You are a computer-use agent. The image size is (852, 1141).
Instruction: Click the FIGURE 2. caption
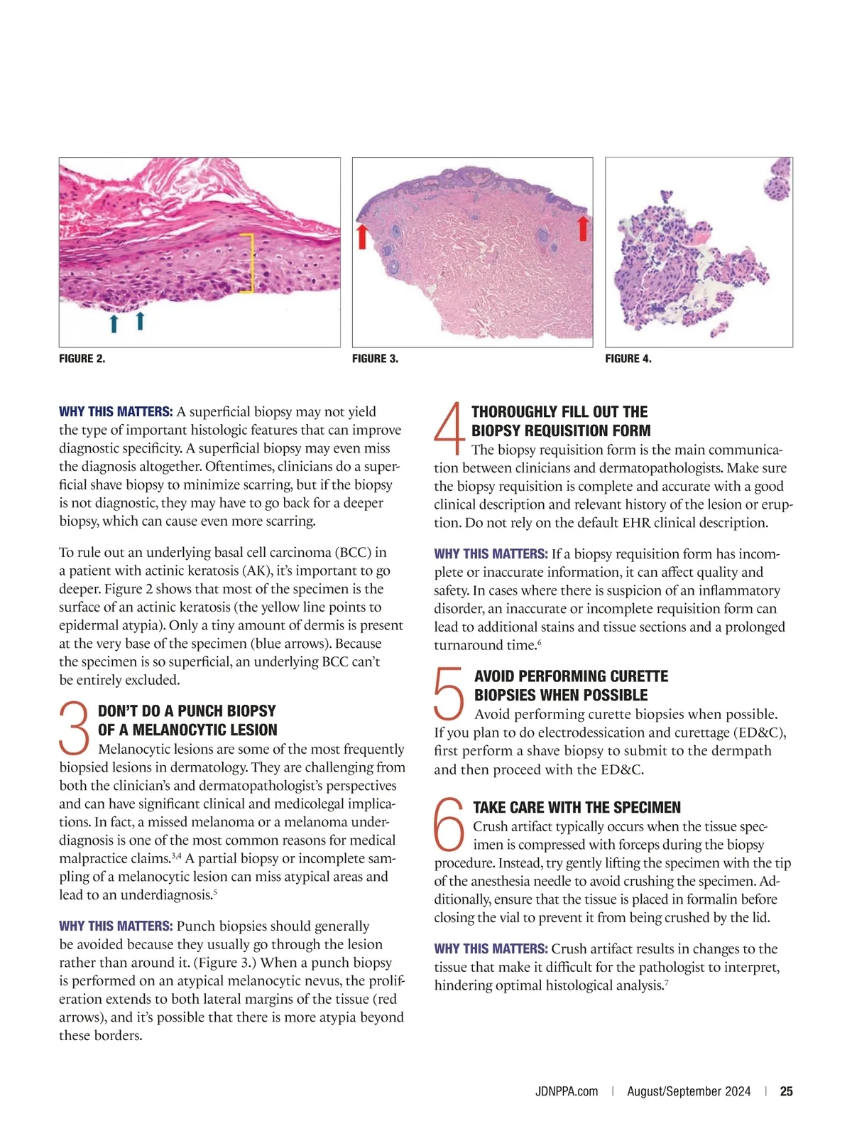click(x=82, y=359)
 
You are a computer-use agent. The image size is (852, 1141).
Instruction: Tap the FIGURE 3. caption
click(x=375, y=359)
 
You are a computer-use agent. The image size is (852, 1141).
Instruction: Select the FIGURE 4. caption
click(x=628, y=359)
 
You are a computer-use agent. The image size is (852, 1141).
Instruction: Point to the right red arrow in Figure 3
click(x=583, y=228)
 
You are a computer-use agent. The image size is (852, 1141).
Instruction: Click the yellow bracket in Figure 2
click(x=248, y=263)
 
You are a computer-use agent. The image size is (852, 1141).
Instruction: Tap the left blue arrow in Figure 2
click(x=114, y=323)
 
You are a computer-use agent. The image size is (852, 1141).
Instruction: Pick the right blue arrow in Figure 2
click(x=140, y=320)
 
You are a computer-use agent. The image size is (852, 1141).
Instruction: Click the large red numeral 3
click(x=74, y=728)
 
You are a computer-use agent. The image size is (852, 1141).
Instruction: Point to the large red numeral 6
click(x=449, y=825)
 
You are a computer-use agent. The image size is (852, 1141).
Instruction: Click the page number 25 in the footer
click(x=786, y=1091)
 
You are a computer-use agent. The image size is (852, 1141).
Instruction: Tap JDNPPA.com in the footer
click(x=567, y=1091)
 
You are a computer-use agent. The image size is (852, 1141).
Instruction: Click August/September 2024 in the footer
click(x=688, y=1091)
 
